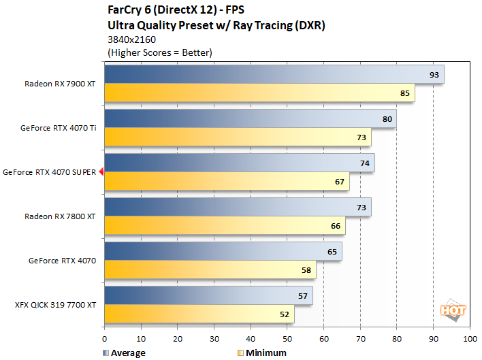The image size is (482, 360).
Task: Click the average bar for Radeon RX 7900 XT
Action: [x=272, y=75]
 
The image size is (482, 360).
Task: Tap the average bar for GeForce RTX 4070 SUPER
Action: [x=238, y=163]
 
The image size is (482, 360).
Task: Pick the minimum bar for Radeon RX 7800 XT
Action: [x=225, y=226]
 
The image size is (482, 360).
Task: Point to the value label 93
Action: [x=433, y=75]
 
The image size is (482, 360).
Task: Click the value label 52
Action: [x=283, y=314]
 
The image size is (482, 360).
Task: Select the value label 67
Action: [x=338, y=182]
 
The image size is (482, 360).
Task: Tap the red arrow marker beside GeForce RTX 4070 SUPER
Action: [x=101, y=172]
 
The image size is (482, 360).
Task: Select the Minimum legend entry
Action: [x=263, y=353]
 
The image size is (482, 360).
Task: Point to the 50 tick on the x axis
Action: [x=287, y=338]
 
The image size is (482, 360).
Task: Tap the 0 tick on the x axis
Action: [x=104, y=338]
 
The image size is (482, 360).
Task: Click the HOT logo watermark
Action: [x=453, y=310]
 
